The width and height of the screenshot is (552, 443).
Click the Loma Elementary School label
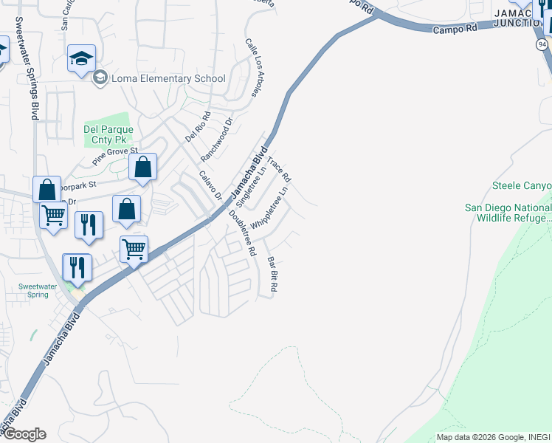(168, 78)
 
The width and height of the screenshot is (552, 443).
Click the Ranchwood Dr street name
(217, 141)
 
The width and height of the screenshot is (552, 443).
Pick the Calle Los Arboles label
(253, 67)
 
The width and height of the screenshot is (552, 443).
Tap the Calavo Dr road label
(210, 186)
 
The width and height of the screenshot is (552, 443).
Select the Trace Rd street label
(279, 170)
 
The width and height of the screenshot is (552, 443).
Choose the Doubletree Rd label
(242, 233)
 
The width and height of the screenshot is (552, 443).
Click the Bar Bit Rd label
(272, 274)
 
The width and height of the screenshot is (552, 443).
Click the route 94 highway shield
(542, 45)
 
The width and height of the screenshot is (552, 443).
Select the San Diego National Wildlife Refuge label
(508, 213)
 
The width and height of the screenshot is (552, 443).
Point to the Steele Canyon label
(521, 186)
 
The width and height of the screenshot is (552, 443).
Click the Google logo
(24, 434)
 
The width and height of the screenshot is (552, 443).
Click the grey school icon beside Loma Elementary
(100, 78)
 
